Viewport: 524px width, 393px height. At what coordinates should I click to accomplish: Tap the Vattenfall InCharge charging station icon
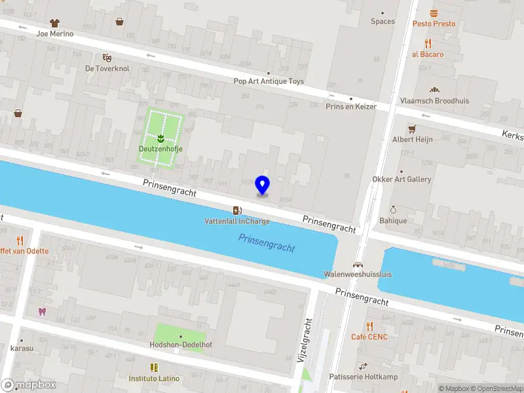[x=236, y=210]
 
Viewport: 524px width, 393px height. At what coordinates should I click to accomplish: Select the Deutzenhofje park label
[x=160, y=149]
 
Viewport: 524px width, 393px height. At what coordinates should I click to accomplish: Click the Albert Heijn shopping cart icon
[x=412, y=129]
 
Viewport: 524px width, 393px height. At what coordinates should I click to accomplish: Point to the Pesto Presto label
[x=434, y=24]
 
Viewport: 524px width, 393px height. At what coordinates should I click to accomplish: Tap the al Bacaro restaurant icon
[x=428, y=43]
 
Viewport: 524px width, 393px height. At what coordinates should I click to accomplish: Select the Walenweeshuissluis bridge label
[x=358, y=274]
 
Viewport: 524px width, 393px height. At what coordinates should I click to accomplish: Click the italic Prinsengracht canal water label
[x=266, y=244]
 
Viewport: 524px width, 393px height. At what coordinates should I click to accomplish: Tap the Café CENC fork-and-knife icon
[x=369, y=326]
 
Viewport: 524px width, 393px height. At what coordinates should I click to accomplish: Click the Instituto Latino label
[x=154, y=379]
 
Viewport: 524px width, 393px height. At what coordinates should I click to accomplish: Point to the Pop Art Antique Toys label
[x=269, y=82]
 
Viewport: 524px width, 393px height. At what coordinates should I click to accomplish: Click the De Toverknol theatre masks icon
[x=106, y=58]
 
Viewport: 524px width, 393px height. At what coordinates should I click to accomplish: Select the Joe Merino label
[x=55, y=33]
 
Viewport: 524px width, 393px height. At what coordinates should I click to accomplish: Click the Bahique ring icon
[x=393, y=210]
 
